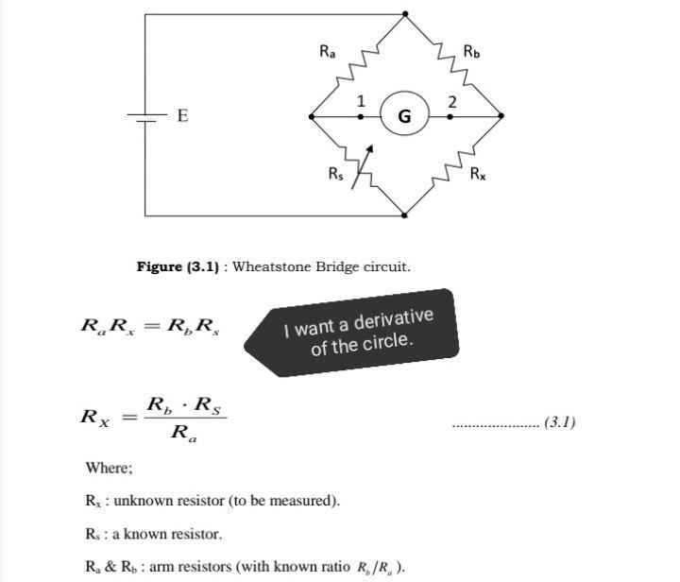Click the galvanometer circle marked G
(405, 116)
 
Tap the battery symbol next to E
(144, 117)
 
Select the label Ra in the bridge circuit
(327, 52)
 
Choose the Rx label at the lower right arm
(479, 173)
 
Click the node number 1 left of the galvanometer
(360, 101)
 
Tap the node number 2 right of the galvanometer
(452, 101)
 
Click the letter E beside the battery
(182, 116)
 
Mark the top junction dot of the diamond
(405, 14)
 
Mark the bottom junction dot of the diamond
(405, 214)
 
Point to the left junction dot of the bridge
(312, 117)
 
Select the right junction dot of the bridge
(500, 117)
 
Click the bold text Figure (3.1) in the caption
(178, 267)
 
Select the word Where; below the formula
(109, 468)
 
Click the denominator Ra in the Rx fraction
(184, 434)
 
